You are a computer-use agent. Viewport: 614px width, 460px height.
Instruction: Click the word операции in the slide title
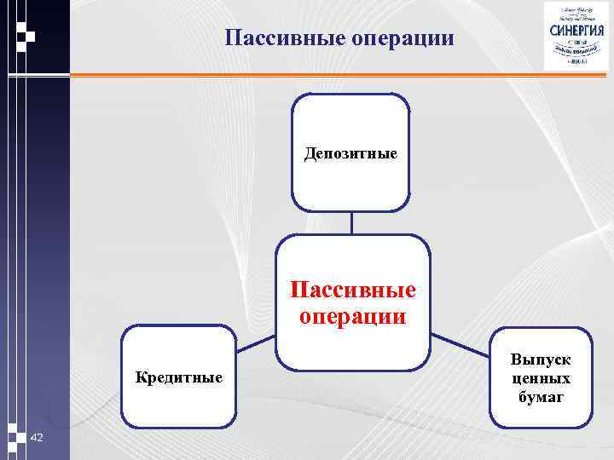(402, 38)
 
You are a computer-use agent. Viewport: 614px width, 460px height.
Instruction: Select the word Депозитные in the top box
(350, 154)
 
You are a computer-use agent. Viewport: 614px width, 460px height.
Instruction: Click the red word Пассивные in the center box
(352, 290)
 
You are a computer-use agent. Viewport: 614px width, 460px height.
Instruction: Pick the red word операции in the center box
(352, 316)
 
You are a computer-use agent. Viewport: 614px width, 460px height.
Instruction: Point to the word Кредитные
(179, 377)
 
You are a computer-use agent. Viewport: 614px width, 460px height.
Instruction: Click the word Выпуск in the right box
(541, 360)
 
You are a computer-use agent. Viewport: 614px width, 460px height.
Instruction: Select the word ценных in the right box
(541, 378)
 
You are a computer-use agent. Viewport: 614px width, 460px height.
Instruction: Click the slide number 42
(37, 437)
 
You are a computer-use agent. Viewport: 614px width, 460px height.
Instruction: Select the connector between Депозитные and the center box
(351, 222)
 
